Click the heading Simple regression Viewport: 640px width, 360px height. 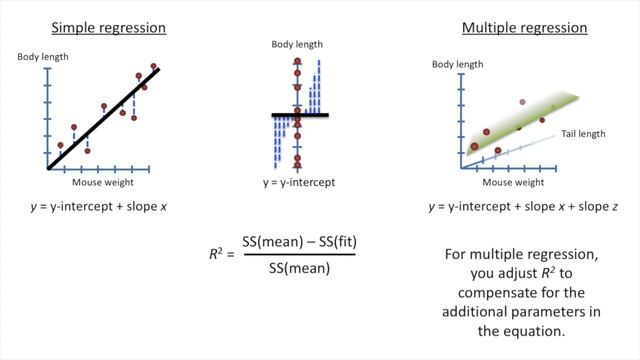108,27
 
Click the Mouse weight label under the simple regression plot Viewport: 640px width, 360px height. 103,183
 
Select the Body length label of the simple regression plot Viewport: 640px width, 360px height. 43,57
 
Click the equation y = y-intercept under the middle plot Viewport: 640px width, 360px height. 298,183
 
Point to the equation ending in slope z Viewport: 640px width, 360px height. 511,207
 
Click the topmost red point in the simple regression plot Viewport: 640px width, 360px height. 154,67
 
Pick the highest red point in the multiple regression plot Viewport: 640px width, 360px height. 522,102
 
